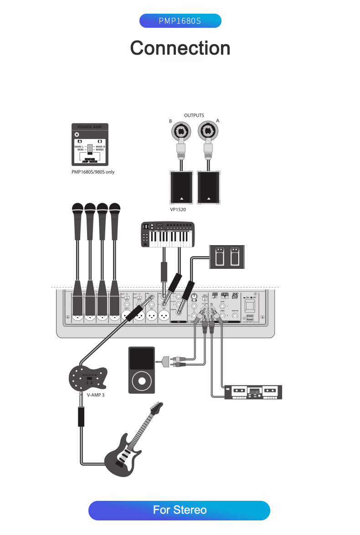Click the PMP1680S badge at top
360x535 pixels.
(180, 21)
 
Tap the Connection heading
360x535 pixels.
(180, 48)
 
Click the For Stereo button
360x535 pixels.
(180, 510)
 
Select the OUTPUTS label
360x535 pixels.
(194, 115)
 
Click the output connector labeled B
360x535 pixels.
(181, 133)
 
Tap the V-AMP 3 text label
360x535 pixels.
(95, 395)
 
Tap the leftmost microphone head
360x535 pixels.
(77, 210)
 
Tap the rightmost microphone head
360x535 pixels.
(114, 210)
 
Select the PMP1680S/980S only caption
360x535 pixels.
(93, 172)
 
